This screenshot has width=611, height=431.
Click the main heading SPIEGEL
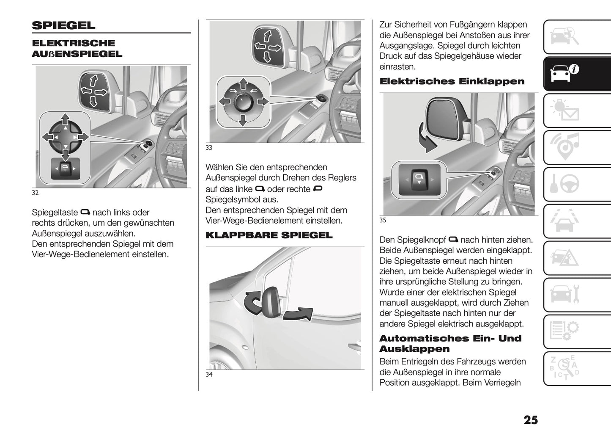63,25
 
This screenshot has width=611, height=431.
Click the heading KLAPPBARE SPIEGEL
269,235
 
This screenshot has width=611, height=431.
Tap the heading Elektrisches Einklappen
452,81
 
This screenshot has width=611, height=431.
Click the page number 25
531,420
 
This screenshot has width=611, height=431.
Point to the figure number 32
35,193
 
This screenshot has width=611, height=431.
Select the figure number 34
209,375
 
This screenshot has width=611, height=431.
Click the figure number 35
383,220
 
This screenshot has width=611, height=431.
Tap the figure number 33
209,148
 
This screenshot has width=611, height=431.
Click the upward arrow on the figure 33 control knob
243,83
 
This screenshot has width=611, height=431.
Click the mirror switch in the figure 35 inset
419,180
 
